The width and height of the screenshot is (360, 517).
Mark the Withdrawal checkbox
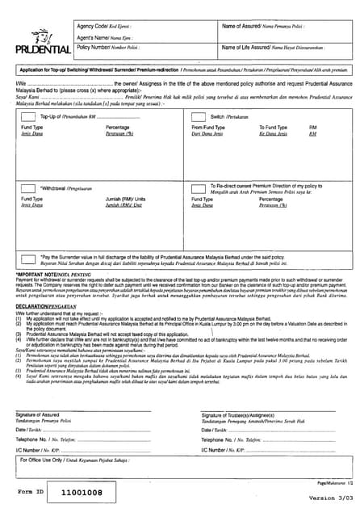(x=30, y=189)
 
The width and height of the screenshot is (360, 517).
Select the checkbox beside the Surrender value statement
(x=30, y=258)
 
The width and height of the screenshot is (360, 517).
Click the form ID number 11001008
(x=82, y=492)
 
